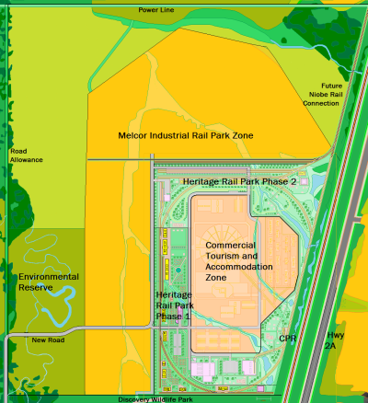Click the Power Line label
(x=157, y=9)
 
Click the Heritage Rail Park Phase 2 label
(x=239, y=182)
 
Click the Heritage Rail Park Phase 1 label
(x=174, y=304)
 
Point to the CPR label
(x=288, y=339)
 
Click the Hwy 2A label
(x=332, y=340)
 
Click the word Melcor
(x=135, y=136)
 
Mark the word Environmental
(x=49, y=277)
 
